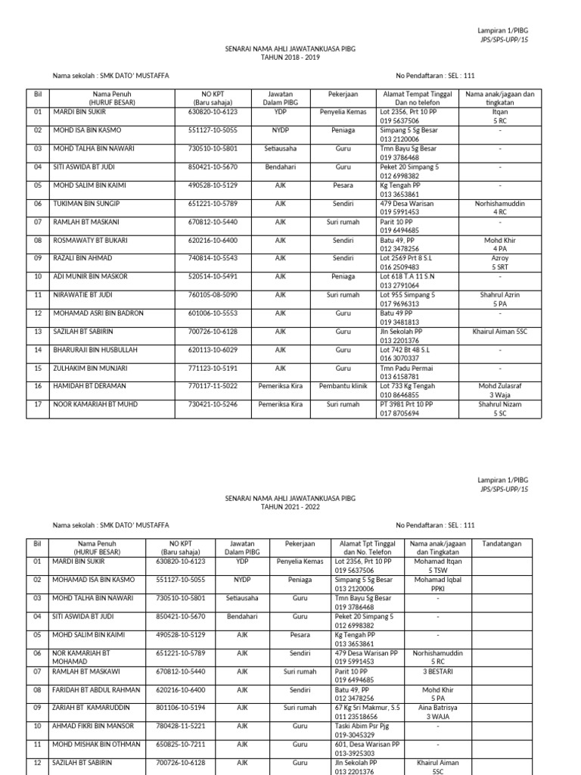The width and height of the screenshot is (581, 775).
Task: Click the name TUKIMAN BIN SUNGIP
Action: coord(86,204)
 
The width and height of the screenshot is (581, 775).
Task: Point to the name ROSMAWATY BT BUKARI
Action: coord(91,240)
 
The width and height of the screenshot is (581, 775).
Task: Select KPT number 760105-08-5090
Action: coord(213,294)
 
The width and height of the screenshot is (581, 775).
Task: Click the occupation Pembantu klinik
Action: coord(343,385)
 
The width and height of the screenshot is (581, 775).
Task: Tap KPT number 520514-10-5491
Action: coord(213,276)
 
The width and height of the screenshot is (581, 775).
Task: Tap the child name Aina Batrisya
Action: coord(437,708)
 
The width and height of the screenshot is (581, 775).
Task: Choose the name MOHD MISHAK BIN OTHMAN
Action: coord(97,744)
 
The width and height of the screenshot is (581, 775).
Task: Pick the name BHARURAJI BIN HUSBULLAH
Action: coord(95,349)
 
